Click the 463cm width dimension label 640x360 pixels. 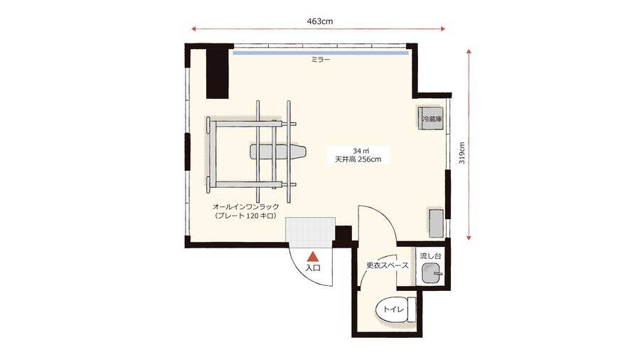(319, 21)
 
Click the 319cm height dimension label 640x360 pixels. (462, 153)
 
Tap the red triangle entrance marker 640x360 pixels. (313, 256)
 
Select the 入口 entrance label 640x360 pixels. (313, 268)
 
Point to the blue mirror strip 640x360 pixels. (321, 53)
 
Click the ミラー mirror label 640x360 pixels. (321, 60)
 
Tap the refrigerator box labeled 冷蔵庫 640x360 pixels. (431, 119)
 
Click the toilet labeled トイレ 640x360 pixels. (395, 309)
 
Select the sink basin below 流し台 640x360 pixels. (432, 272)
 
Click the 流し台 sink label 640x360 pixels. (431, 256)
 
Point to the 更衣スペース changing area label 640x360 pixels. (388, 265)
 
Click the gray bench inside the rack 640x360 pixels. (277, 152)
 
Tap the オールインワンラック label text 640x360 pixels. (246, 207)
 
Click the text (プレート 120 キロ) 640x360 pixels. (246, 216)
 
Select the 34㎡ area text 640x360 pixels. (358, 151)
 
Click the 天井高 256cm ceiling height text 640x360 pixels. (358, 159)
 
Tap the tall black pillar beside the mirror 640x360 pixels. (217, 73)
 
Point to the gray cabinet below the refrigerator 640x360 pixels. (437, 223)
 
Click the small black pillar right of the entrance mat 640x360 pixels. (343, 236)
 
